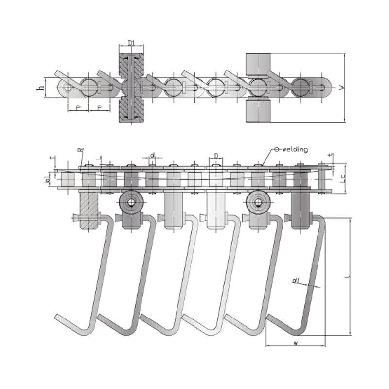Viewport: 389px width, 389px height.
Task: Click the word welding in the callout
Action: tap(294, 150)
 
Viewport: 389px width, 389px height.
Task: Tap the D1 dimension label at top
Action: tap(131, 44)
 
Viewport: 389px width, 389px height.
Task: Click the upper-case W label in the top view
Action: tap(342, 88)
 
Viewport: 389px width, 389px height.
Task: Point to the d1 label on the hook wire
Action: tap(296, 281)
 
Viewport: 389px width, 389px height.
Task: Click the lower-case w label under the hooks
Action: tap(296, 343)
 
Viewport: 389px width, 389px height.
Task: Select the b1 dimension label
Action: tap(48, 179)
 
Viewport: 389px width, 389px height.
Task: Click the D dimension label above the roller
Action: tap(215, 155)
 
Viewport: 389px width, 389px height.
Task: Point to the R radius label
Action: tap(79, 151)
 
